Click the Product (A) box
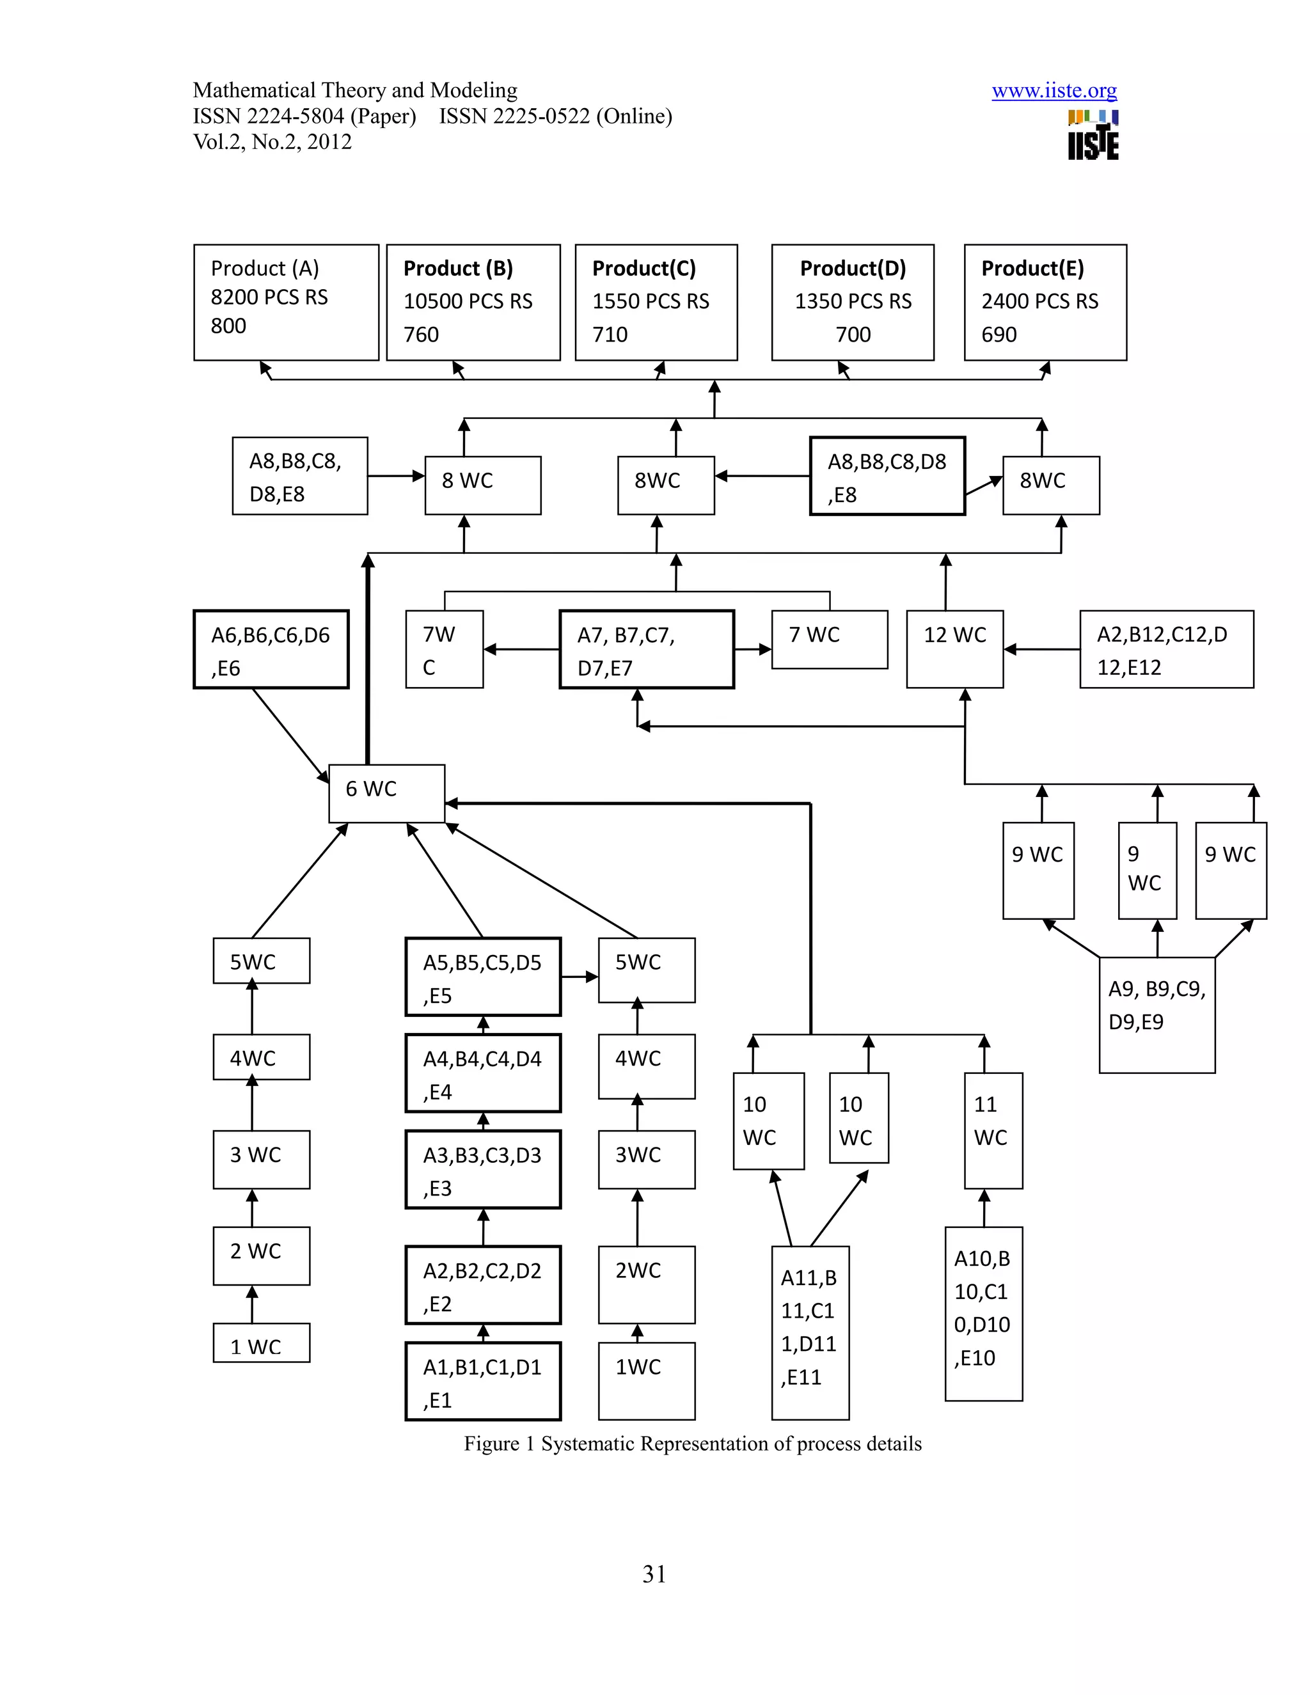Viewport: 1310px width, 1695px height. pos(285,302)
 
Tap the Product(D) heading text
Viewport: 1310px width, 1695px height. pos(852,268)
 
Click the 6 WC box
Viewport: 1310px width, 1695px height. pos(386,793)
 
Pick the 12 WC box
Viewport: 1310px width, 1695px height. pos(954,649)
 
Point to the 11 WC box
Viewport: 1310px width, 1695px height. pos(993,1130)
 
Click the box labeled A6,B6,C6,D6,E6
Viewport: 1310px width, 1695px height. pos(270,650)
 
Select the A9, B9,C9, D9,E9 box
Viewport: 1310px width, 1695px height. pos(1156,1014)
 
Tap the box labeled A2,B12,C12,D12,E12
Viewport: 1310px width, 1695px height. pos(1165,650)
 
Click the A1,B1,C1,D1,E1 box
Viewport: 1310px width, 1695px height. pos(483,1382)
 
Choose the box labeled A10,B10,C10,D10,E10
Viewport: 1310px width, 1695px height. pos(983,1313)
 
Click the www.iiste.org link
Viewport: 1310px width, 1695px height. pos(1054,91)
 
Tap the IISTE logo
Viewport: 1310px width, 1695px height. pos(1093,136)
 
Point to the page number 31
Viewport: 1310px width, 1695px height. pos(654,1574)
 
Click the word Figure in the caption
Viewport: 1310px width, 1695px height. pos(491,1444)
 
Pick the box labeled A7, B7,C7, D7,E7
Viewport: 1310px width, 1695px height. pos(647,650)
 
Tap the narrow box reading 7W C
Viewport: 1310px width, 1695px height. pos(444,650)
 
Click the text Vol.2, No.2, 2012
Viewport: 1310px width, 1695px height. pos(272,142)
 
